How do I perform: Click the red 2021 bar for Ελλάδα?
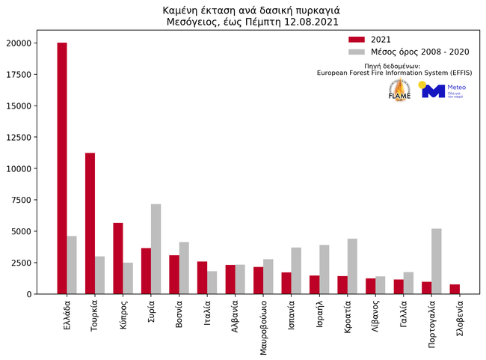click(x=62, y=168)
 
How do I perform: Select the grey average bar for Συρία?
click(x=156, y=249)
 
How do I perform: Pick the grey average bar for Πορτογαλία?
click(x=437, y=261)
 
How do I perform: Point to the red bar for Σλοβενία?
click(x=455, y=289)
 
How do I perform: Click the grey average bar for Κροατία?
click(x=352, y=266)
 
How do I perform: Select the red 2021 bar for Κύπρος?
click(x=118, y=258)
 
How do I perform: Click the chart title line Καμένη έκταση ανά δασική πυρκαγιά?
click(x=242, y=10)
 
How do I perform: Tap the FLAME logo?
click(x=399, y=90)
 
